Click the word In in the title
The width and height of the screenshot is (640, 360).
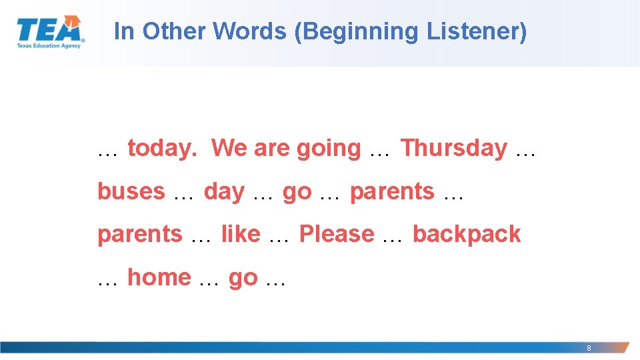tap(124, 31)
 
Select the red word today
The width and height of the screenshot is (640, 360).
tap(162, 148)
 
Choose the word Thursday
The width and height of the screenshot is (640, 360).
tap(453, 148)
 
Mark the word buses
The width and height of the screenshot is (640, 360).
tap(131, 191)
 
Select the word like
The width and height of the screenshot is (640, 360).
tap(241, 234)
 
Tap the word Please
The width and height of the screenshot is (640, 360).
tap(337, 234)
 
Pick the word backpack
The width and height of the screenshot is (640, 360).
tap(467, 234)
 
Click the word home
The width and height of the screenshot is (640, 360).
tap(159, 277)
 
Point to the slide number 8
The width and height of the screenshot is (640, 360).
tap(589, 348)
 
